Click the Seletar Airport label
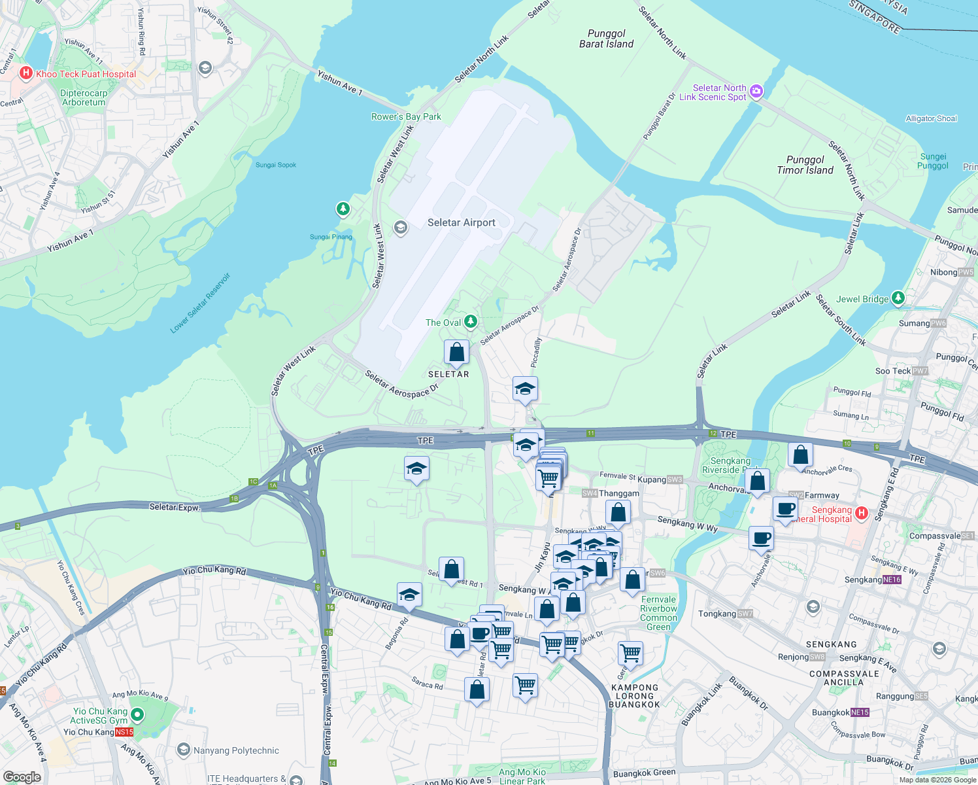(461, 222)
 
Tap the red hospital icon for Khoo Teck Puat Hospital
(26, 73)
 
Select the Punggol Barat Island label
(606, 39)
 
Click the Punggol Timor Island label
(805, 165)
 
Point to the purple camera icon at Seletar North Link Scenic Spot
(756, 92)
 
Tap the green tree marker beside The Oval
(470, 321)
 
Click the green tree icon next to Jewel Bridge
(898, 298)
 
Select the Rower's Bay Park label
(406, 116)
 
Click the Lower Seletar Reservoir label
(200, 303)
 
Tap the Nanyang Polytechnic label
(236, 750)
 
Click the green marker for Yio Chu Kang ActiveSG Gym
(137, 715)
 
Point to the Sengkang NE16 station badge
(892, 580)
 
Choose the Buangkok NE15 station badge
(860, 712)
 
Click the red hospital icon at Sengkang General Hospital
(861, 513)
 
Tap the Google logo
(22, 776)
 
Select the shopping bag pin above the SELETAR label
(456, 352)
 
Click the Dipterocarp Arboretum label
(84, 97)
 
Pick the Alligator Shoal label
(931, 118)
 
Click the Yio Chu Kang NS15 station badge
(124, 732)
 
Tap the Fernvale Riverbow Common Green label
(658, 613)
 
